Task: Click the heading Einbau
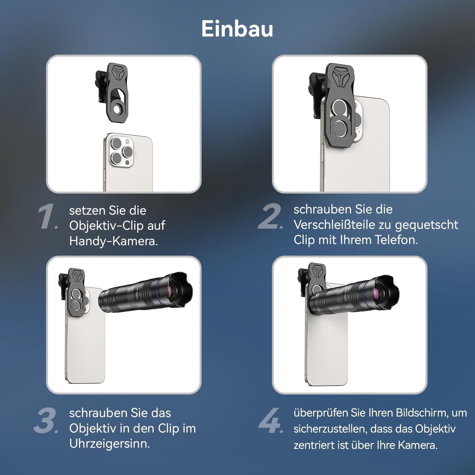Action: [237, 29]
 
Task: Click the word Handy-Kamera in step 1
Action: [113, 241]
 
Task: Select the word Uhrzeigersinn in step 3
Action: [110, 444]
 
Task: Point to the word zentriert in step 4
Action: [314, 445]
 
